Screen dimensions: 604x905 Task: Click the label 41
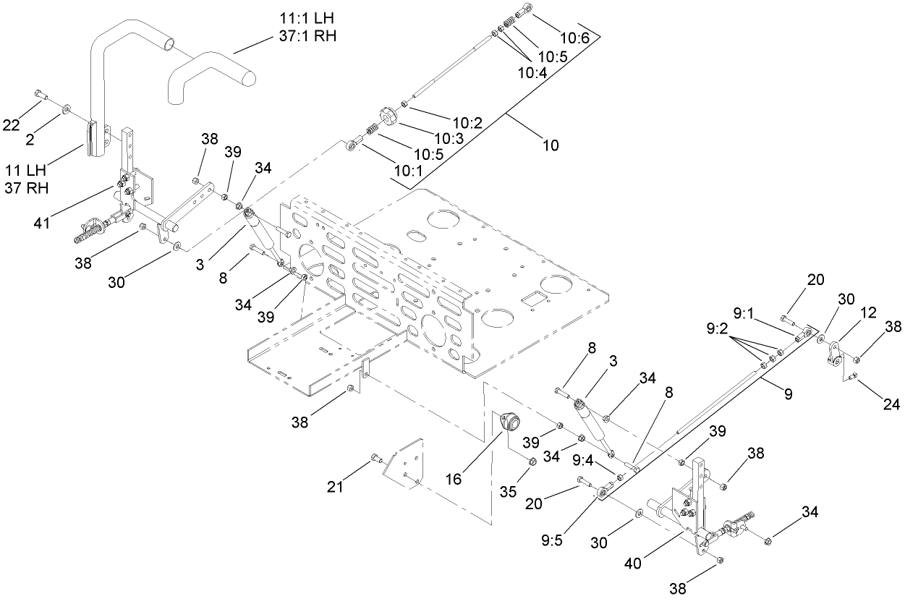[41, 221]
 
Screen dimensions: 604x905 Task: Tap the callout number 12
[868, 312]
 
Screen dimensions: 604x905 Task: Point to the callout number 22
[11, 125]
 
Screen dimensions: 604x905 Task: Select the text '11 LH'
[25, 171]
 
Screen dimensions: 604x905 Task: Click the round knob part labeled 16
[504, 422]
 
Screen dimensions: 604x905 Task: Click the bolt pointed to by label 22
[40, 95]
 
